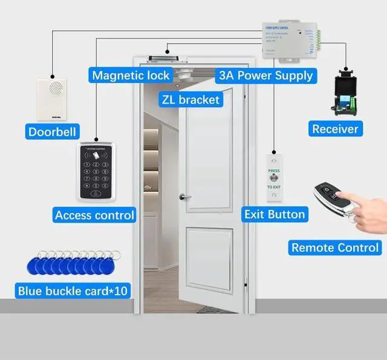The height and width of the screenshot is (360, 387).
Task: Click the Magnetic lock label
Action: point(131,76)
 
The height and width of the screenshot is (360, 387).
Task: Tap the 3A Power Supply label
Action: point(265,76)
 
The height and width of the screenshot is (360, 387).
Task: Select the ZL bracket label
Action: point(190,99)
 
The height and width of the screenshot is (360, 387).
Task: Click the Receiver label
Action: point(335,128)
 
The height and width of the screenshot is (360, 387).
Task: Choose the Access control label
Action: point(94,215)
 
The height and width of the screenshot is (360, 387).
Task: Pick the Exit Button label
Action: point(275,214)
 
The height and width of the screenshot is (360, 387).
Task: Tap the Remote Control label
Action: point(335,247)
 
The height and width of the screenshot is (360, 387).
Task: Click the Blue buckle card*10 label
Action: point(73,291)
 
